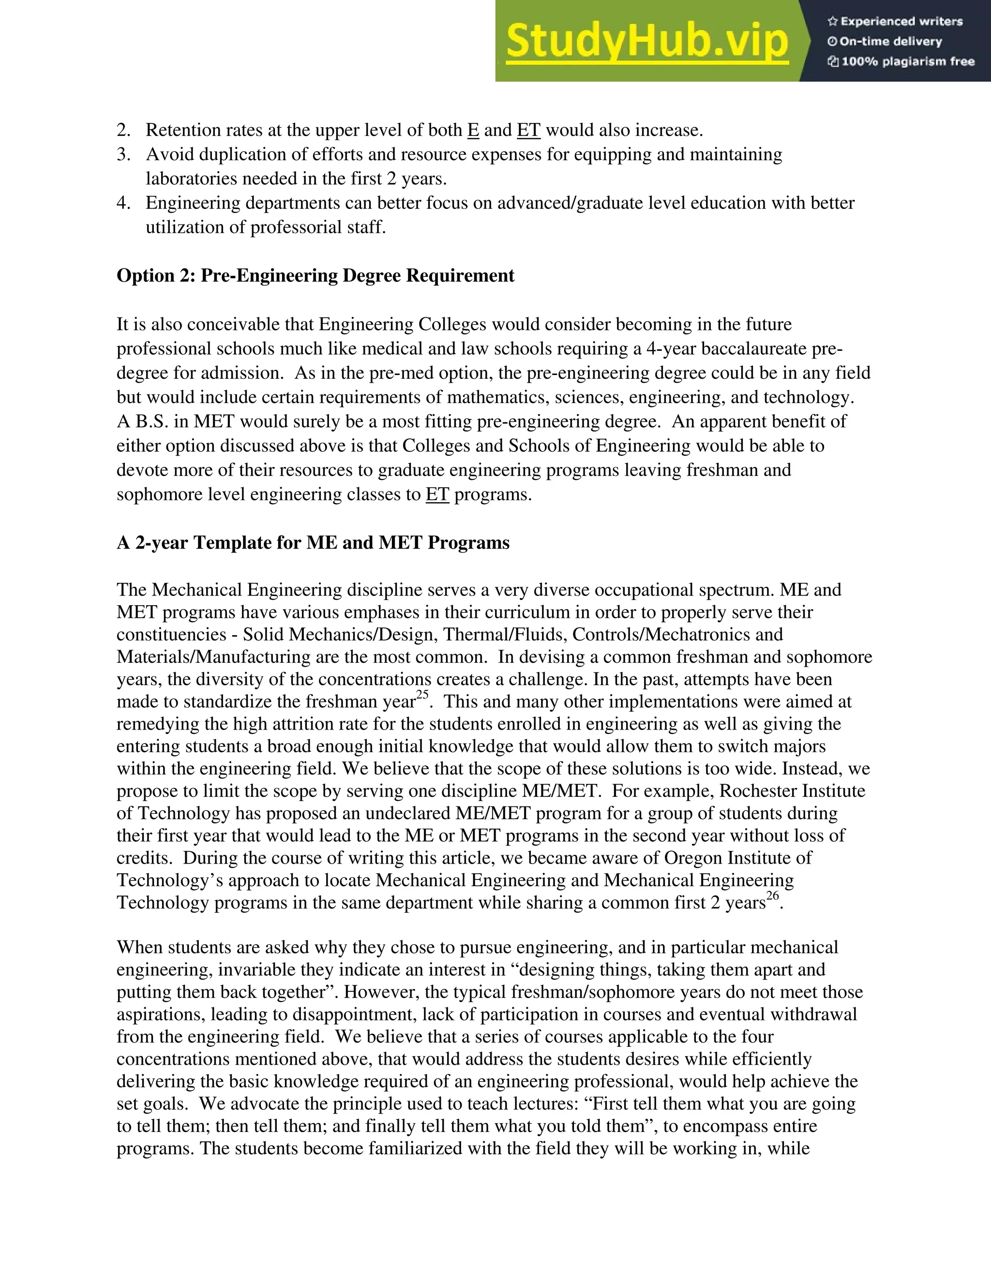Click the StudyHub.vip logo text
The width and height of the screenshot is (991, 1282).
point(646,41)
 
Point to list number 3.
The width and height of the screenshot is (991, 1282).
point(123,154)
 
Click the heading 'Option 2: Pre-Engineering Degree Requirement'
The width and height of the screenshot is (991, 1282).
point(315,275)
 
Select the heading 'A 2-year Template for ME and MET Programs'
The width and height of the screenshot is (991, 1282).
point(313,542)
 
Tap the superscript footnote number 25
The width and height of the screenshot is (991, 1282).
point(422,696)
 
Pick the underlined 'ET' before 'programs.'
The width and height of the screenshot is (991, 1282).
point(437,494)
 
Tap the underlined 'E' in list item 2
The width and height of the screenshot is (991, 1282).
point(473,130)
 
